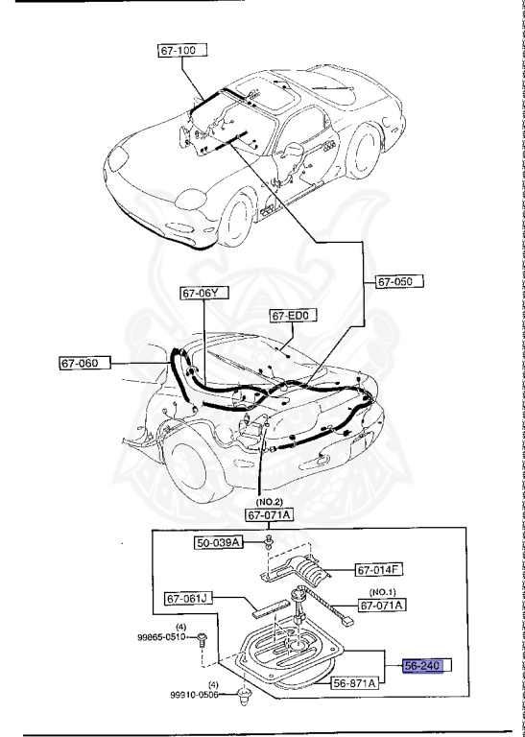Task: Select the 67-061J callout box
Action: tap(185, 598)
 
